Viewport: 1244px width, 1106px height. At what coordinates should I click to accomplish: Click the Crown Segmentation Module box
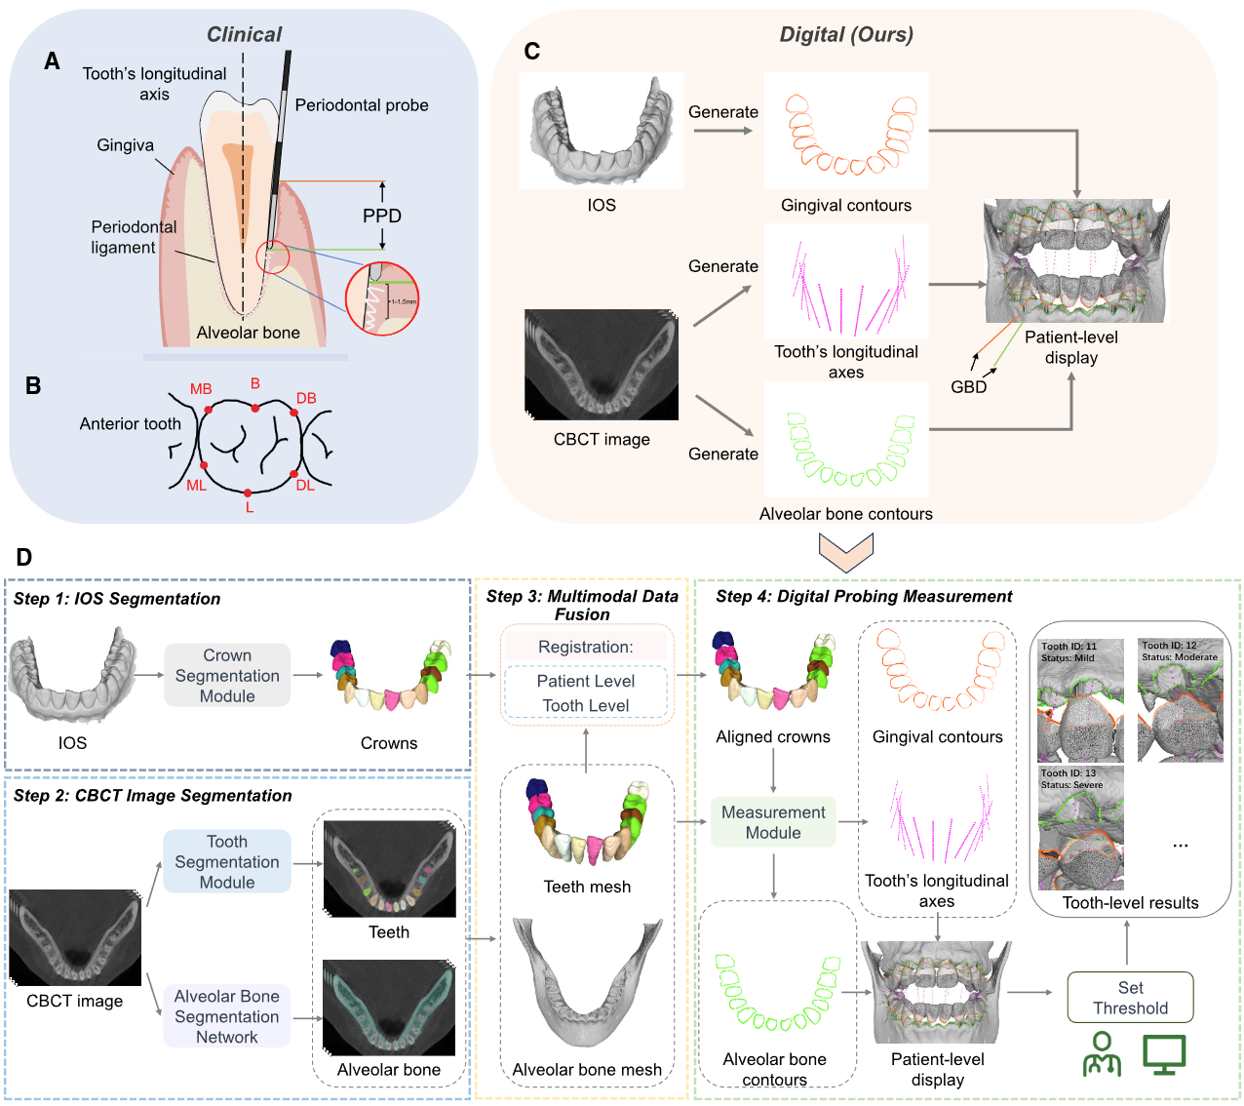click(227, 675)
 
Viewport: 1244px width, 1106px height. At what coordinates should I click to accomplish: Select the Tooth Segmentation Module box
click(227, 861)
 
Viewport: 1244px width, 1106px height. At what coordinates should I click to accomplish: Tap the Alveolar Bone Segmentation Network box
click(227, 1016)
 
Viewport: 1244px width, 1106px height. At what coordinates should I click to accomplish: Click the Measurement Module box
click(773, 822)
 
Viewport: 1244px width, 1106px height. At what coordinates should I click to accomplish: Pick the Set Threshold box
click(1130, 998)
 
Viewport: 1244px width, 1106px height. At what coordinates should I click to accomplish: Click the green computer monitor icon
click(1164, 1054)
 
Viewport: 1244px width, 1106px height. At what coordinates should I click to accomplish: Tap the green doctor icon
click(1102, 1054)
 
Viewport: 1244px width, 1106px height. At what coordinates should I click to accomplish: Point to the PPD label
click(382, 216)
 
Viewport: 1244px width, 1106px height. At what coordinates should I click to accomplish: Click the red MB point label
click(201, 389)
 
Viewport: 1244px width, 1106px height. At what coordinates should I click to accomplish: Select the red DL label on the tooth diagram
click(305, 485)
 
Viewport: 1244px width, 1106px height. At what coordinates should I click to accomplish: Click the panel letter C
click(532, 52)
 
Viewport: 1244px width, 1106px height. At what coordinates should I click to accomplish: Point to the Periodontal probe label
click(362, 105)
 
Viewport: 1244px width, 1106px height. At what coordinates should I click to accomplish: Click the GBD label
click(969, 387)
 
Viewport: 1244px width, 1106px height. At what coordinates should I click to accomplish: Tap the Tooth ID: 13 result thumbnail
click(1080, 827)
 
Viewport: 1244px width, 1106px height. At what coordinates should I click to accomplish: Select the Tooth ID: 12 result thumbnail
click(1181, 700)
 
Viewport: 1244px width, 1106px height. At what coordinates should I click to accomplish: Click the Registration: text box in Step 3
click(586, 647)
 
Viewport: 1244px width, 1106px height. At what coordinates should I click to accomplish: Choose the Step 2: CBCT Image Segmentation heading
click(153, 796)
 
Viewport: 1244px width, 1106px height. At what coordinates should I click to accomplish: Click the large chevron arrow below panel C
click(846, 552)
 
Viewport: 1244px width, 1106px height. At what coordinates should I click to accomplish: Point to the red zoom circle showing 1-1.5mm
click(382, 299)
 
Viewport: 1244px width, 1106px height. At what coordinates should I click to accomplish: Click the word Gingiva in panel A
click(125, 145)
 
